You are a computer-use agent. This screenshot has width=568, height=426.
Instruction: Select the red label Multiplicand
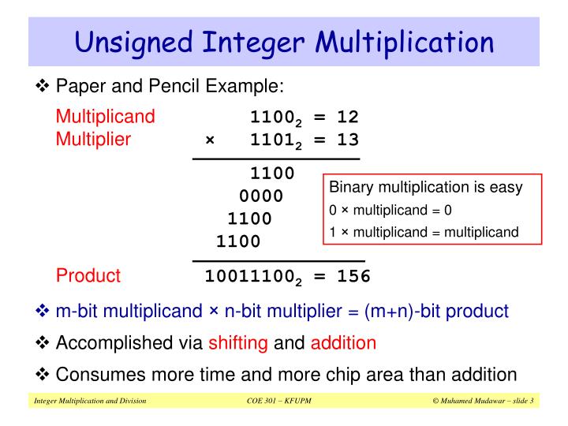105,118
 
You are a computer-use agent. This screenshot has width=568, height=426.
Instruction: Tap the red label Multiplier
93,140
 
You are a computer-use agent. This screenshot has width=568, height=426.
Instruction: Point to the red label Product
88,275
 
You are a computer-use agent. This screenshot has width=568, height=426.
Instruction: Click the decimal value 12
347,118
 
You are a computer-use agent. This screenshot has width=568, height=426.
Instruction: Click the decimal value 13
347,140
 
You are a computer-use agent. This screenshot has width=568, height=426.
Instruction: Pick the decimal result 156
353,276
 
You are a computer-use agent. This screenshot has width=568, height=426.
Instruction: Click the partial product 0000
261,196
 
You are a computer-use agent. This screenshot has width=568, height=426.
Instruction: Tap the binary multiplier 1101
272,140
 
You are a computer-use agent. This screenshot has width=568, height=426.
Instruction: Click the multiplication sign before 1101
210,140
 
